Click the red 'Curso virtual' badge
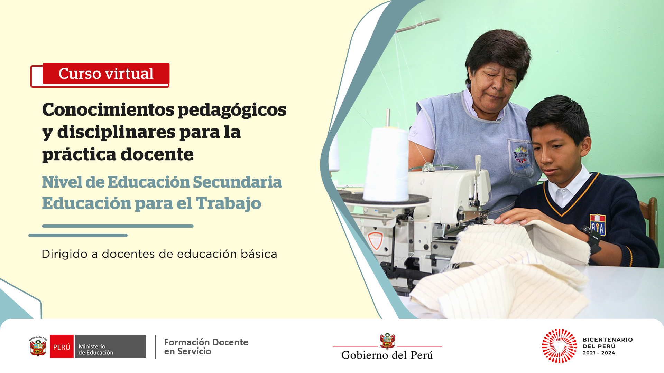pyautogui.click(x=106, y=74)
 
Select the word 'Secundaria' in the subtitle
pyautogui.click(x=237, y=182)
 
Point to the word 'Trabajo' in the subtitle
pyautogui.click(x=228, y=204)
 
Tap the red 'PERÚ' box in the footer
pyautogui.click(x=62, y=346)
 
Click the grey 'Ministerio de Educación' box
pyautogui.click(x=111, y=346)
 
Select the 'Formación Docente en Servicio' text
pyautogui.click(x=206, y=347)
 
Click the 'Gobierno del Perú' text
pyautogui.click(x=387, y=355)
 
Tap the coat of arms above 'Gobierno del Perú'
pyautogui.click(x=387, y=341)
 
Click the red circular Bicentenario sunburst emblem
pyautogui.click(x=559, y=346)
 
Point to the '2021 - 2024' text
pyautogui.click(x=599, y=353)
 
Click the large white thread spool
pyautogui.click(x=385, y=164)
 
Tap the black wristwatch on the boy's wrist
pyautogui.click(x=592, y=238)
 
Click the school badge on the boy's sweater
pyautogui.click(x=598, y=224)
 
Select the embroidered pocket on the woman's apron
pyautogui.click(x=521, y=158)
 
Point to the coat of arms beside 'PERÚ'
pyautogui.click(x=38, y=346)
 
